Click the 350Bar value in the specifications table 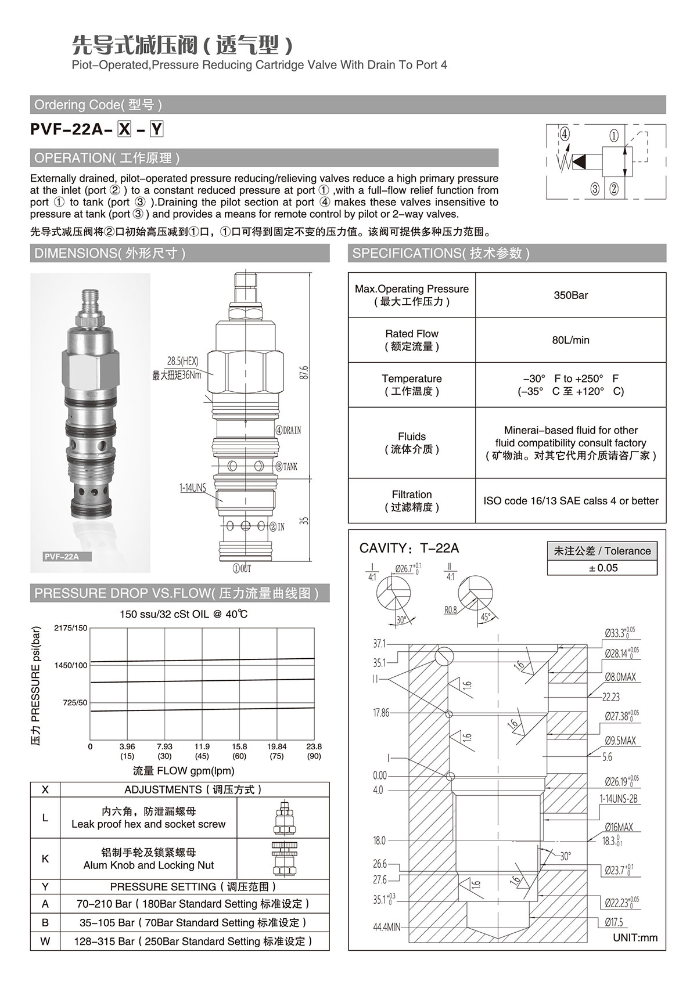click(570, 295)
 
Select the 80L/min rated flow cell click(570, 340)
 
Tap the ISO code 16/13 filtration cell click(570, 500)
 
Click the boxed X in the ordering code click(125, 129)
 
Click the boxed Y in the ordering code click(157, 129)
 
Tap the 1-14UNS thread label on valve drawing click(192, 488)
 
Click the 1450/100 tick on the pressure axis click(71, 665)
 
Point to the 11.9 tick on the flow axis click(202, 746)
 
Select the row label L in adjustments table click(45, 818)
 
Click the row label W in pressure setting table click(45, 941)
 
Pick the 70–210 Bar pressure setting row click(193, 904)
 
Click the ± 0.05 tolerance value click(602, 568)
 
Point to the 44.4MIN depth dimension click(386, 928)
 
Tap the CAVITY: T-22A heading click(409, 548)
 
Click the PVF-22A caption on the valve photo click(61, 557)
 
